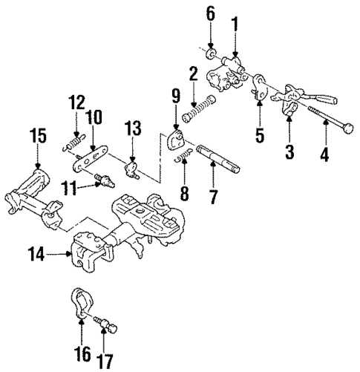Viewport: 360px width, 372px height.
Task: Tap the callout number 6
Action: click(x=210, y=13)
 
